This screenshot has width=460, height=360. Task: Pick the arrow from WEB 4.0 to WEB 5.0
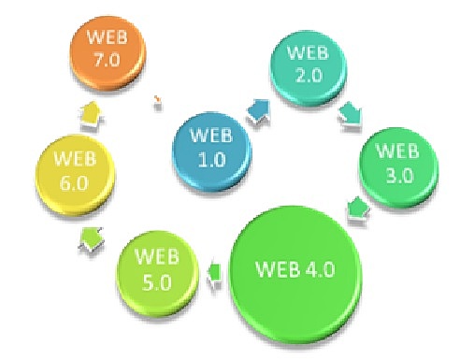(213, 274)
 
